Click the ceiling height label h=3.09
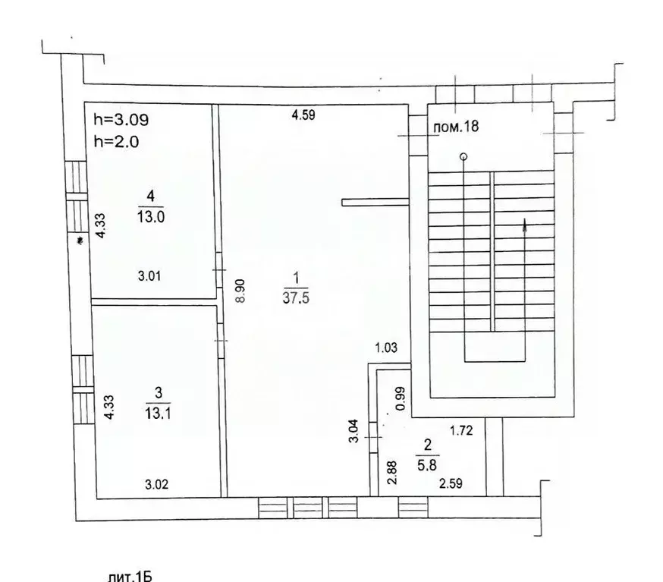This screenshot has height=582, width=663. pyautogui.click(x=121, y=119)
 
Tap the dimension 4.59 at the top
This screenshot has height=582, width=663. pyautogui.click(x=303, y=116)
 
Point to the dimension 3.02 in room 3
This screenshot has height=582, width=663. pyautogui.click(x=158, y=482)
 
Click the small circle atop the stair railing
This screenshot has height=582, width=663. pyautogui.click(x=463, y=157)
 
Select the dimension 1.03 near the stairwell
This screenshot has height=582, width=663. pyautogui.click(x=387, y=348)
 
